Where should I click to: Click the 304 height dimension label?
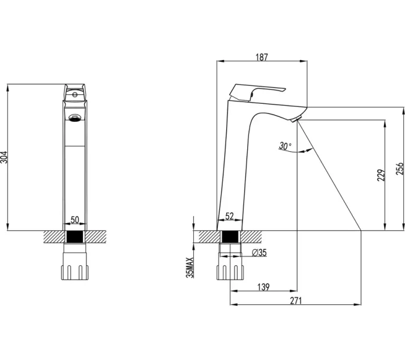4,157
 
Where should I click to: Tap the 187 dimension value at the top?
262,57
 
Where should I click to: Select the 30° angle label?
285,146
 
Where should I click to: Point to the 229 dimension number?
381,175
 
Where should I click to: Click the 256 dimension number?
400,169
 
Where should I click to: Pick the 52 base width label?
229,216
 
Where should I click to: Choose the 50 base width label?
74,220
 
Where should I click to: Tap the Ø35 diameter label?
259,253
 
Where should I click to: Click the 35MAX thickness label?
190,268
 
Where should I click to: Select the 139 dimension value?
263,287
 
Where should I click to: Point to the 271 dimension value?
296,301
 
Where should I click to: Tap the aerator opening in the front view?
75,118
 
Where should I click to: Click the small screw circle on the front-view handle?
74,95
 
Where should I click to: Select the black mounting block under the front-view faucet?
75,237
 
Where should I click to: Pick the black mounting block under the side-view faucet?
230,237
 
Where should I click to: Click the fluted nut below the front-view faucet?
75,272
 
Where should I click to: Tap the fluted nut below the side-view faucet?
230,272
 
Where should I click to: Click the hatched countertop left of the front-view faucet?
53,237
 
